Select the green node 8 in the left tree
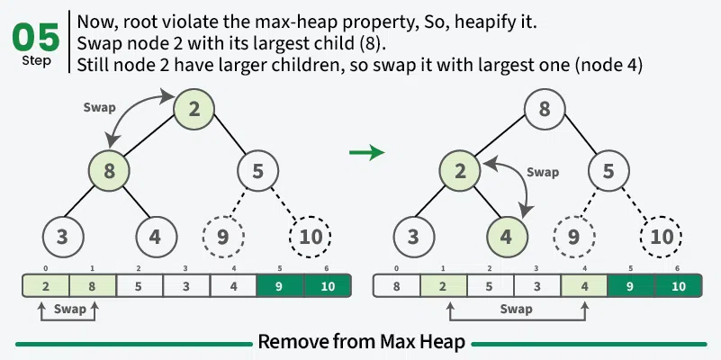tap(110, 170)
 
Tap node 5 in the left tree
tap(258, 170)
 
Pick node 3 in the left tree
tap(63, 237)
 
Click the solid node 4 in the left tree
tap(156, 237)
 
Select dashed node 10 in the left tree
tap(311, 237)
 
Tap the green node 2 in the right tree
tap(461, 170)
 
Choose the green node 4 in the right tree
tap(507, 237)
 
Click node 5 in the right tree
tap(609, 170)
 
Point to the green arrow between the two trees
tap(366, 153)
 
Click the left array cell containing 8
tap(93, 286)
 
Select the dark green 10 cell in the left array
tap(327, 286)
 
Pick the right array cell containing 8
tap(396, 286)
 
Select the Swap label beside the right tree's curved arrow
tap(543, 172)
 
